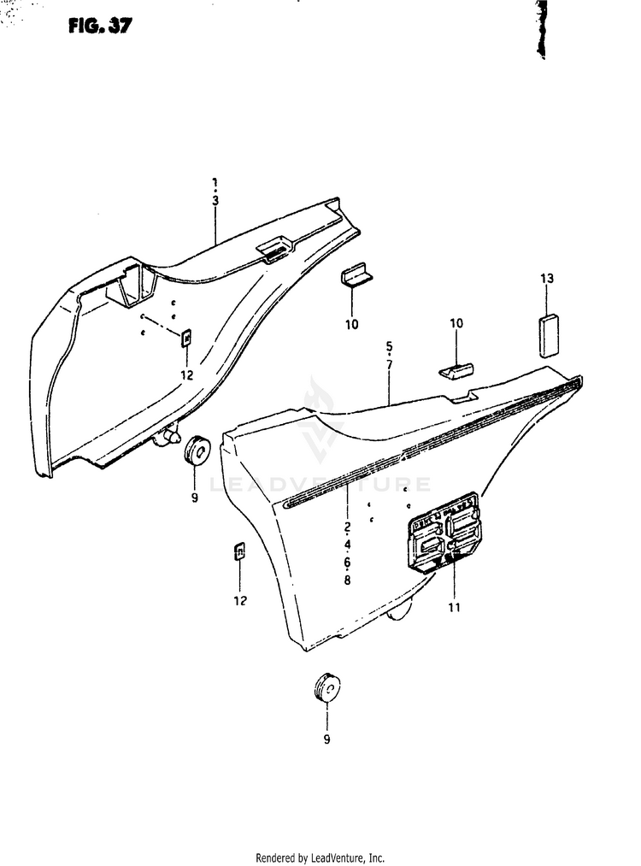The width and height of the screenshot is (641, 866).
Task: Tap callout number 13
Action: coord(547,279)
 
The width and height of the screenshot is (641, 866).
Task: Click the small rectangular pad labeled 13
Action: coord(547,335)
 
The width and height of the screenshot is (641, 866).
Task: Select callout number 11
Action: coord(454,608)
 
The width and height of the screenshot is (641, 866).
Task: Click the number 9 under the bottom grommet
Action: coord(326,740)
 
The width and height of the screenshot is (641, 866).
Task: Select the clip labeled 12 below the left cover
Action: coord(240,551)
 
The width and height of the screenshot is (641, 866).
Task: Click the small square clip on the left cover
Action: coord(186,337)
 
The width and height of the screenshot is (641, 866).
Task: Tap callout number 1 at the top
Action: coord(215,182)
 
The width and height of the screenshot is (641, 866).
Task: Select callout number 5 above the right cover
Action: coord(389,346)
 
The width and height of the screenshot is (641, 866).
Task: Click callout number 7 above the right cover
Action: coord(389,365)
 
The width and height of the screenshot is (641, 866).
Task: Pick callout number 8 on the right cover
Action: coord(348,581)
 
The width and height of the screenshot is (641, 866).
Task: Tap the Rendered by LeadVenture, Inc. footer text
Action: coord(320,857)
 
